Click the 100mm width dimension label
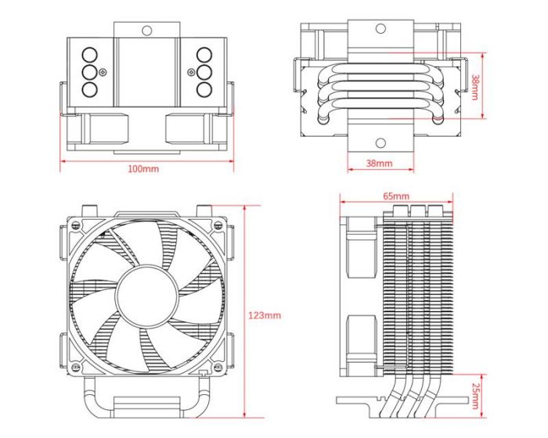(144, 169)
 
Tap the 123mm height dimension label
(264, 315)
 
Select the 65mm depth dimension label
(396, 196)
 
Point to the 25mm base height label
(477, 397)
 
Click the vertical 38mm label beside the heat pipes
(477, 87)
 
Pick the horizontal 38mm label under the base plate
(379, 163)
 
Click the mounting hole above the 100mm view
(146, 31)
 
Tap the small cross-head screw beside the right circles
(190, 72)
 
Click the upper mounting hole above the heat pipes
(380, 29)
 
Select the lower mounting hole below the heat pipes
(380, 143)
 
